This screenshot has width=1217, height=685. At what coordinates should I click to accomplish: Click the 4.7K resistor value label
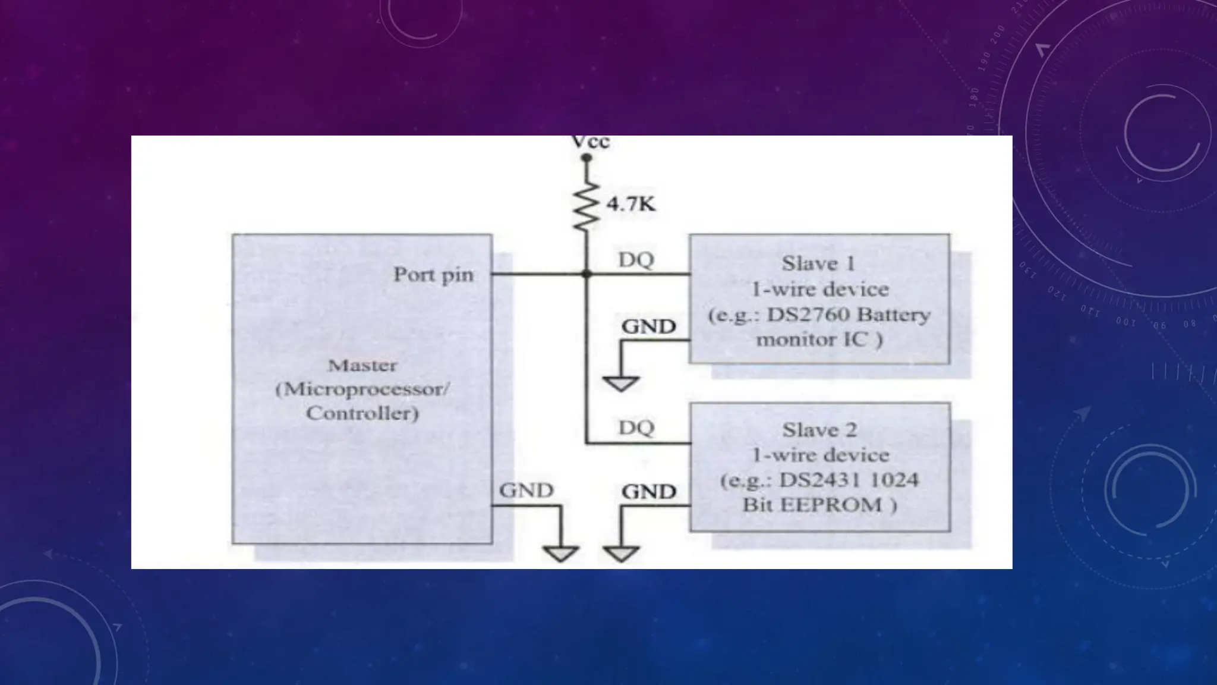630,205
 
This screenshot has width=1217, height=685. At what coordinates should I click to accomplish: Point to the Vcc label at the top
590,142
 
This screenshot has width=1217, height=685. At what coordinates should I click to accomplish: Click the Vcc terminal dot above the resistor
586,158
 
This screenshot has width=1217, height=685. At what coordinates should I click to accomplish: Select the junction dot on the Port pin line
587,274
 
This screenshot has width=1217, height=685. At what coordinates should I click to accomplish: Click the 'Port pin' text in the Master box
433,275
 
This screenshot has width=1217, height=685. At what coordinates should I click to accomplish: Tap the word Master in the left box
362,365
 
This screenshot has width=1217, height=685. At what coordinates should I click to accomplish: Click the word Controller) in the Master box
362,413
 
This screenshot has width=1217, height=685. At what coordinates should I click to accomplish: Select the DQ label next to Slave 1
636,260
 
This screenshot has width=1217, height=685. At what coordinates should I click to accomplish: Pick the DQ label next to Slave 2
636,428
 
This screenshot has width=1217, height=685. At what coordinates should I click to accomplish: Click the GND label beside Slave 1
648,326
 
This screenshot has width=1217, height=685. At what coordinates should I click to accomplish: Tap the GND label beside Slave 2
648,492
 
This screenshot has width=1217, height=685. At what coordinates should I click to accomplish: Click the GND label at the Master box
526,491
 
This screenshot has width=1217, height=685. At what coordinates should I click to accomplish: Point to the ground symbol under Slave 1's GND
621,384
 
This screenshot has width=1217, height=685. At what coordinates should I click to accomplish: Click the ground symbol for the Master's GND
560,554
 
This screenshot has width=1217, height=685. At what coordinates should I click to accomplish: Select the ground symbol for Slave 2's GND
622,554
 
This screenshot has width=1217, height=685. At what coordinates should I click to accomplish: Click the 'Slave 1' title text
818,263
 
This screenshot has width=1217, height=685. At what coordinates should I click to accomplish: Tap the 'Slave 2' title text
819,429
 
